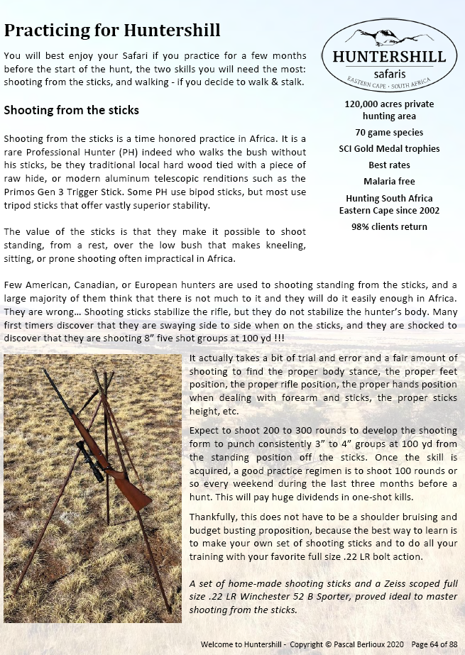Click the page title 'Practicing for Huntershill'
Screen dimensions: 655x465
tap(112, 31)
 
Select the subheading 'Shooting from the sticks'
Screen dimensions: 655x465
tap(72, 111)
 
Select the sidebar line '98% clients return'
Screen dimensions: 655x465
tap(389, 227)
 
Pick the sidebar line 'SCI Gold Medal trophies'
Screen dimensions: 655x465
tap(389, 149)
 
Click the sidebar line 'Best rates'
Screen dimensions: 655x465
tap(388, 165)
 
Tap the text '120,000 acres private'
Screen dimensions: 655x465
tap(389, 104)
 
